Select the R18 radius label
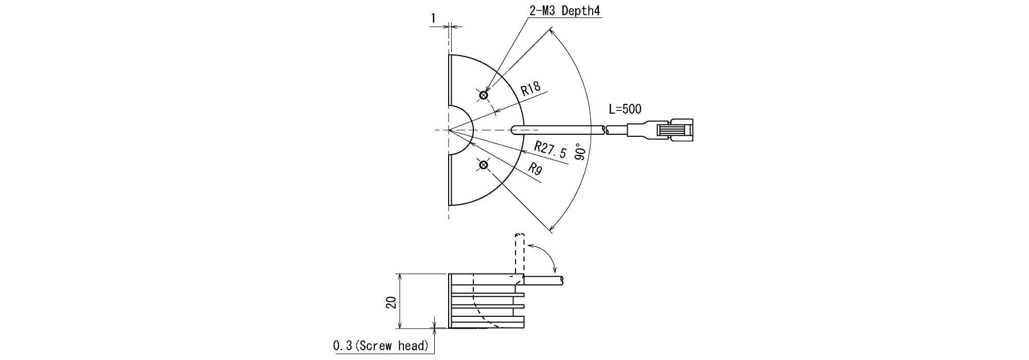pos(530,89)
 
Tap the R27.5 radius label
pos(551,150)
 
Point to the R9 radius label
pos(535,170)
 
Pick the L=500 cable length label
pos(625,109)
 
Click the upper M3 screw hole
pos(483,95)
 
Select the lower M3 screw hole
pos(483,165)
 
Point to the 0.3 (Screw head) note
pos(381,346)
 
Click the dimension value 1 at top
pos(434,18)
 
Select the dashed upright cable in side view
pos(519,254)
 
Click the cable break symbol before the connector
pos(606,130)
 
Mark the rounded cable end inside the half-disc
pos(516,130)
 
